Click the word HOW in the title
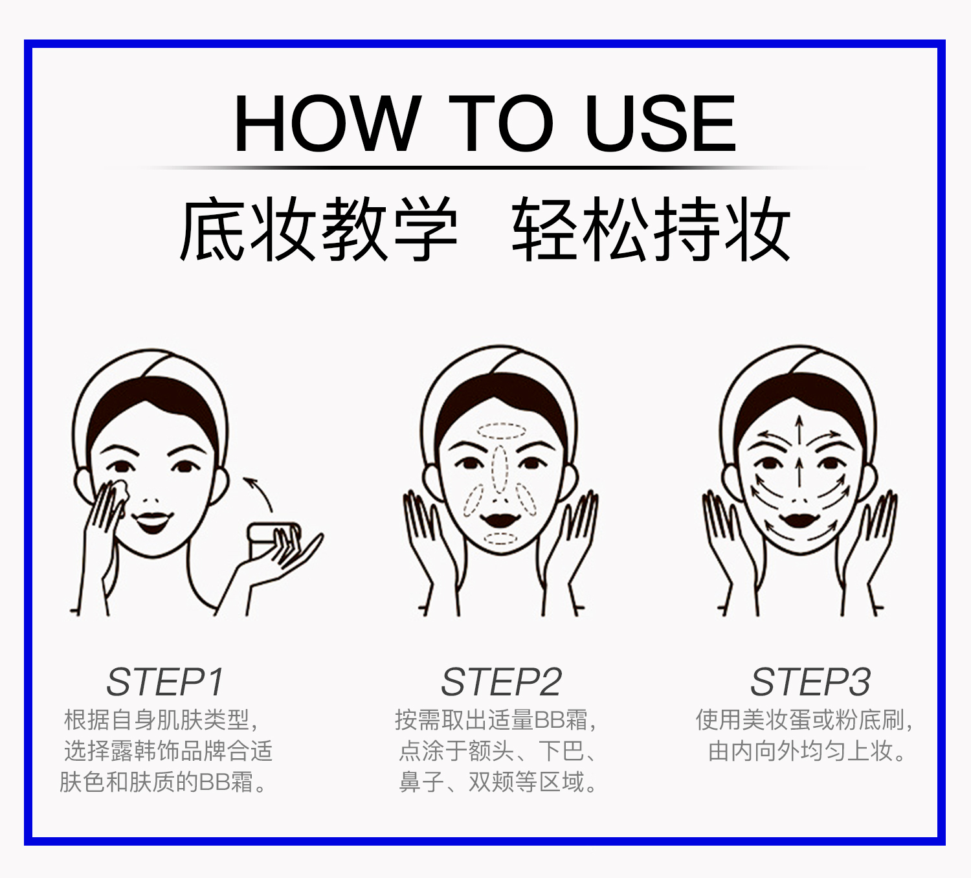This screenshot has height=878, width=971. pyautogui.click(x=326, y=123)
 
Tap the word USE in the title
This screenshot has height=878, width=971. pyautogui.click(x=660, y=123)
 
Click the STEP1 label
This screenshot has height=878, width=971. pyautogui.click(x=166, y=682)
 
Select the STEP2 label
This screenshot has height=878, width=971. pyautogui.click(x=501, y=682)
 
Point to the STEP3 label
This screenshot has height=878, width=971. pyautogui.click(x=810, y=682)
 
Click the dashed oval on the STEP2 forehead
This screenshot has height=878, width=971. pyautogui.click(x=501, y=431)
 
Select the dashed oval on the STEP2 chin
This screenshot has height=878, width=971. pyautogui.click(x=501, y=539)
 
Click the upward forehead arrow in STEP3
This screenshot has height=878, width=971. pyautogui.click(x=799, y=429)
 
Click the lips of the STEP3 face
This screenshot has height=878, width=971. pyautogui.click(x=800, y=521)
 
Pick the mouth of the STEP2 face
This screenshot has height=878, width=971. pyautogui.click(x=501, y=520)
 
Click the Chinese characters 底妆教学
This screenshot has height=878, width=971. pyautogui.click(x=318, y=229)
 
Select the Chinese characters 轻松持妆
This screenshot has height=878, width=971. pyautogui.click(x=651, y=229)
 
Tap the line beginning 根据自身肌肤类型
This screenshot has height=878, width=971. pyautogui.click(x=161, y=720)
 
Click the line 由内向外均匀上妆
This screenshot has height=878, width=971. pyautogui.click(x=807, y=751)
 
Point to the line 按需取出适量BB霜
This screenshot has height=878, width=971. pyautogui.click(x=496, y=720)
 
